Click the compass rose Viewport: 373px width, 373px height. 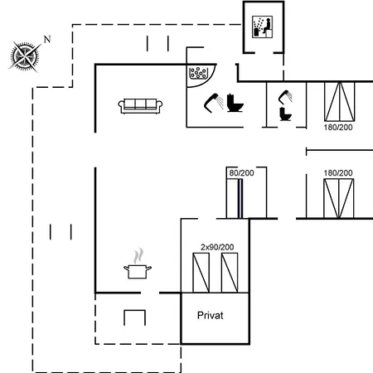point(24,56)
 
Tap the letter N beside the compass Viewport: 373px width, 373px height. point(47,39)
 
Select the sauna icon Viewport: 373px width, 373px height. point(263,27)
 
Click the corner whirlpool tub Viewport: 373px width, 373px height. point(200,74)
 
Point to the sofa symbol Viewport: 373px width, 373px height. point(140,106)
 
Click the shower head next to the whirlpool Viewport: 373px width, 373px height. point(214,103)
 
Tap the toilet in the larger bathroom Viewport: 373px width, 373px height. point(235,103)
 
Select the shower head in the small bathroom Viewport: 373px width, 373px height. point(285,97)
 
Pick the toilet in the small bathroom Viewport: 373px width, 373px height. point(285,114)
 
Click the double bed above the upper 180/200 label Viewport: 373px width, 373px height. point(339,101)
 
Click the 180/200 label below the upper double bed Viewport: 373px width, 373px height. point(338,128)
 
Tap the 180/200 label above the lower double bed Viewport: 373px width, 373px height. point(338,173)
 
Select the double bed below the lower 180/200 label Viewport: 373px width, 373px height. point(339,198)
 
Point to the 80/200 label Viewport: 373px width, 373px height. point(241,173)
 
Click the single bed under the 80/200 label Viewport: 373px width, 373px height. point(235,198)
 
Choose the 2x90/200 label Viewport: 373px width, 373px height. point(217,247)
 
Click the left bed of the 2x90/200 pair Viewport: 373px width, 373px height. point(201,273)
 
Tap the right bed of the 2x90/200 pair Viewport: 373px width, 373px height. point(230,273)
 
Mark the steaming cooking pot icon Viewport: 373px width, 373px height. point(138,264)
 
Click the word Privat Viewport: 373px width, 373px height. point(211,315)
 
